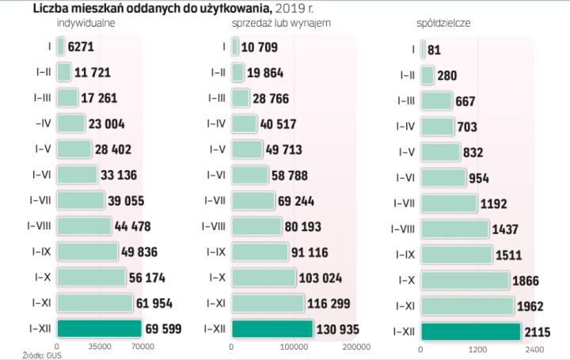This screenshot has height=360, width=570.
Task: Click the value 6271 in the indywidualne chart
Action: tap(82, 47)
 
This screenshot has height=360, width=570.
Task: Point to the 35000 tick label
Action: tap(99, 347)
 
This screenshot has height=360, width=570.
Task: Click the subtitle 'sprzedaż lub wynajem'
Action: tap(281, 24)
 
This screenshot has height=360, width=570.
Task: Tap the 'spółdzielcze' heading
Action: tap(443, 24)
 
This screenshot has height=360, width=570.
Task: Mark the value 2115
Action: tap(536, 332)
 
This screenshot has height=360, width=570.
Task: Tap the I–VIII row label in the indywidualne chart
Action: tap(40, 225)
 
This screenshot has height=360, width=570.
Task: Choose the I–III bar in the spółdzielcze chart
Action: tap(435, 100)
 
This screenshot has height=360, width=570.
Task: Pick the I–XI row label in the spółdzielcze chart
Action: tap(405, 305)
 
